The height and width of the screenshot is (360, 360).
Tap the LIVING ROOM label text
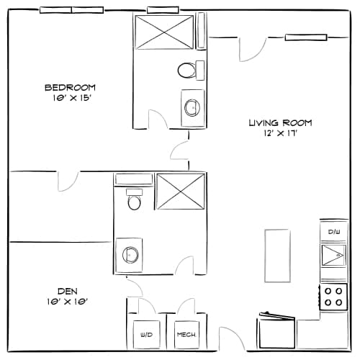coord(280,122)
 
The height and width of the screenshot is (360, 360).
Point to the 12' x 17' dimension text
coord(280,133)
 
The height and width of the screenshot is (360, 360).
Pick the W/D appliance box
coord(147,333)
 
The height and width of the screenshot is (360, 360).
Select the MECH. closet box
coord(186,333)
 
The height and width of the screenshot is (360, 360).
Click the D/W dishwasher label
coord(333,232)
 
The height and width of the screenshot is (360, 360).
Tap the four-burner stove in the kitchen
coord(333,296)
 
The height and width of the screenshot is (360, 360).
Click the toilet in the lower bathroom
coord(134,199)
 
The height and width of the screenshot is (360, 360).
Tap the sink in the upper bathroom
coord(192,107)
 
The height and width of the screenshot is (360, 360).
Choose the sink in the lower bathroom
coord(130,254)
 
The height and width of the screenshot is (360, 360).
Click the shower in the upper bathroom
coord(163,33)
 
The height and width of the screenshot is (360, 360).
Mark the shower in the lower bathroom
coord(181,191)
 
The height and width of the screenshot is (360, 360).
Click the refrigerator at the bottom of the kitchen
coord(276,332)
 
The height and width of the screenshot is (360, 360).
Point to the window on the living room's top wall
coord(306,37)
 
